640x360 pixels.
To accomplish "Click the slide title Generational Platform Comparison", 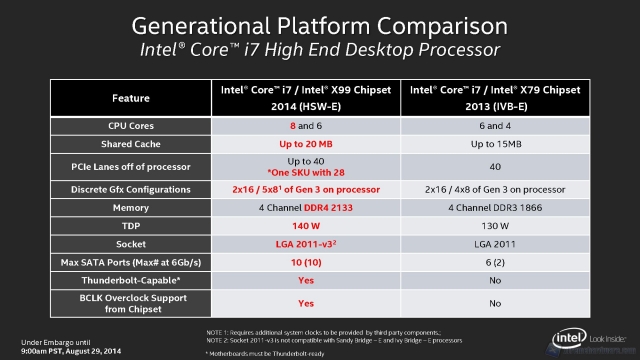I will (x=319, y=24).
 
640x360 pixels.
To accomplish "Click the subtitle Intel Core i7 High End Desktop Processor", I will (x=319, y=49).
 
